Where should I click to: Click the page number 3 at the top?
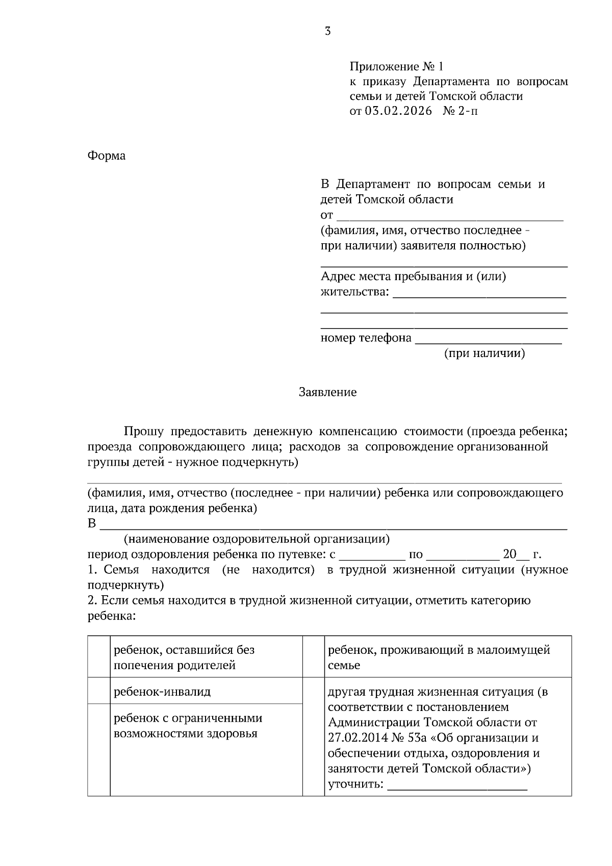(x=327, y=32)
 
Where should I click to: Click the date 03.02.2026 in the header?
(x=398, y=111)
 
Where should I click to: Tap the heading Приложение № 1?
(x=397, y=67)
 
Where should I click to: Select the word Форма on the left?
(x=106, y=156)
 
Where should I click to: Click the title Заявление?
(x=327, y=392)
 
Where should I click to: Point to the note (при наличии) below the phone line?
(x=484, y=353)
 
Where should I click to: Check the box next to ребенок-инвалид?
(x=98, y=691)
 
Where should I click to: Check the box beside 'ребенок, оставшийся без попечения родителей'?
(x=98, y=656)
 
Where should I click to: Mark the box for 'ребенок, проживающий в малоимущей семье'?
(x=314, y=656)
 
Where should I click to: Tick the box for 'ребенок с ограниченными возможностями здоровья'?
(x=98, y=749)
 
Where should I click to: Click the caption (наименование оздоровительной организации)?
(x=257, y=539)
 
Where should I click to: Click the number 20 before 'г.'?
(x=509, y=554)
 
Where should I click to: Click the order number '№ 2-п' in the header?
(x=461, y=111)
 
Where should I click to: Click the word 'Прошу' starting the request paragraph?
(x=143, y=431)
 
